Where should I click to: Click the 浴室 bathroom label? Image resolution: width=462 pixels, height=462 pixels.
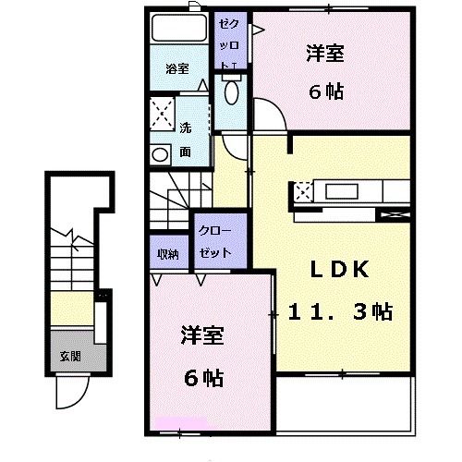177,68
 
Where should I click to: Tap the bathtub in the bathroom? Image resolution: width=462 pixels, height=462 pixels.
179,28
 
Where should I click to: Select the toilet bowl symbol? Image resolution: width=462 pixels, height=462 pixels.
232,91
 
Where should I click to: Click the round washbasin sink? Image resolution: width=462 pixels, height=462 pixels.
160,154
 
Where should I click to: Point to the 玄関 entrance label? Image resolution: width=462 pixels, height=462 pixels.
70,357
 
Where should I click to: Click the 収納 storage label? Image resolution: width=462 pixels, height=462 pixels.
168,254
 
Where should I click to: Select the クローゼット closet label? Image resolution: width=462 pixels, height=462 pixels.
215,241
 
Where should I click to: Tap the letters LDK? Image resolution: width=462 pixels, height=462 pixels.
339,269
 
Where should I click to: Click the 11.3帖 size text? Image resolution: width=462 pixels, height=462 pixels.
340,311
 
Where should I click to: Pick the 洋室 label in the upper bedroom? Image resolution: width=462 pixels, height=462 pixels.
325,54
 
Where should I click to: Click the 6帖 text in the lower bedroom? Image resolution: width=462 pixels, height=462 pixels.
204,378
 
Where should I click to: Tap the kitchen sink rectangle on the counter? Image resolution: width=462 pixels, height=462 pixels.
342,191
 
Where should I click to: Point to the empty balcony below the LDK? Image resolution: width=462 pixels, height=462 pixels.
344,404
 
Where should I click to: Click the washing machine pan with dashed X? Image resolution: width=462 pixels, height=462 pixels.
163,114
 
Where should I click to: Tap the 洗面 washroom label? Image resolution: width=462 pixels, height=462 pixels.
185,140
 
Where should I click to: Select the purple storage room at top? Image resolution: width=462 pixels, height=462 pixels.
230,41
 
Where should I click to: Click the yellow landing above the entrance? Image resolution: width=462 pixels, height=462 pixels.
72,309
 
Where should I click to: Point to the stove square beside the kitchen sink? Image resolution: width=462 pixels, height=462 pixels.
304,192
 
